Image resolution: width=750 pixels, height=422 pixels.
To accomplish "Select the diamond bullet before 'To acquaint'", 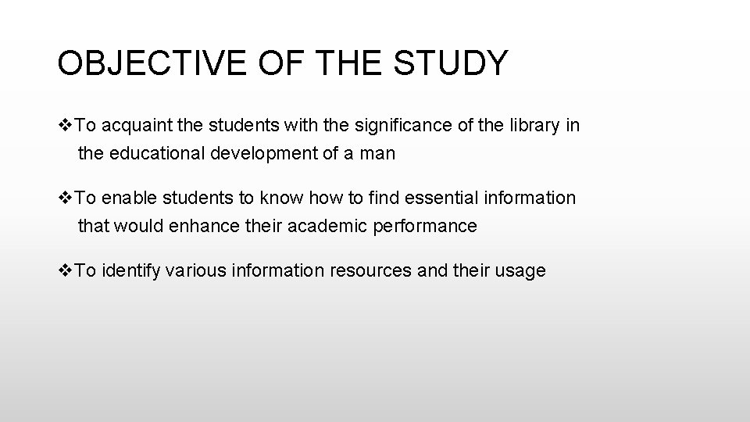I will tap(66, 126).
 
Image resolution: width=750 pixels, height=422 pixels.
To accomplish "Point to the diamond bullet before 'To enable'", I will tap(66, 198).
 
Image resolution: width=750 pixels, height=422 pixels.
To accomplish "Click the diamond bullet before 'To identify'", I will tap(66, 271).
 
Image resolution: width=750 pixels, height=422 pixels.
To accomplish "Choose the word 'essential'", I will tap(440, 198).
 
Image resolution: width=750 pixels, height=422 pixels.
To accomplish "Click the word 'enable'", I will tap(127, 198).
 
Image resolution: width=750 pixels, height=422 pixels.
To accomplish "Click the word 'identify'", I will tap(131, 271).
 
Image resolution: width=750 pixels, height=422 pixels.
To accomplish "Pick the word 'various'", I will tap(196, 271).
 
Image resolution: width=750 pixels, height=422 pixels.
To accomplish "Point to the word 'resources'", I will tap(369, 271).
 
